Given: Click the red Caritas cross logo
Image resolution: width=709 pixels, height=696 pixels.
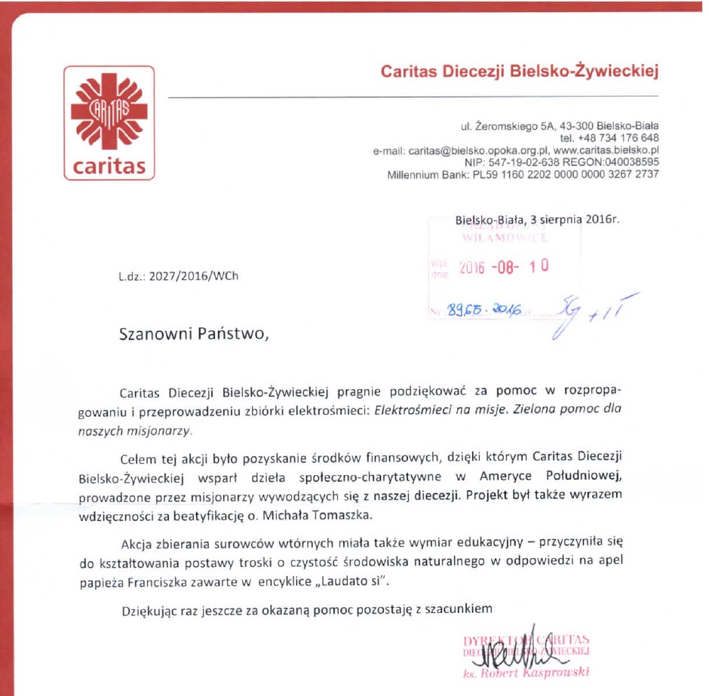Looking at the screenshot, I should pyautogui.click(x=109, y=113).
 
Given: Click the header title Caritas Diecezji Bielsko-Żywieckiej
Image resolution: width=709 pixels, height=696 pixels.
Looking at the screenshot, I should pyautogui.click(x=520, y=72).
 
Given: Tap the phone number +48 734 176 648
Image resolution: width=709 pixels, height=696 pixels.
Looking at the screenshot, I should pyautogui.click(x=609, y=138).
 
